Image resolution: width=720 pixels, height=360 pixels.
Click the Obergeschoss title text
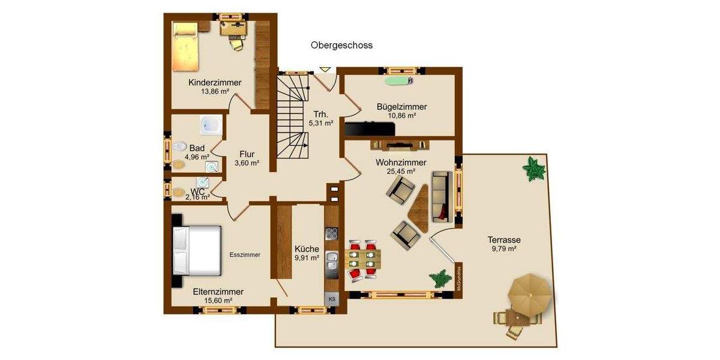point(341,45)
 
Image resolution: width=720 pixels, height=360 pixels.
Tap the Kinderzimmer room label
point(215,82)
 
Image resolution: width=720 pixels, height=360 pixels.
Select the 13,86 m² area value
point(215,92)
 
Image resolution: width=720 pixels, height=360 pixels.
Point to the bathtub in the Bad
point(211,125)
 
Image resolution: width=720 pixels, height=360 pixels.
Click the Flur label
point(247,154)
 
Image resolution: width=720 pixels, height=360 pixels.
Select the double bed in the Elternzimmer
point(196,248)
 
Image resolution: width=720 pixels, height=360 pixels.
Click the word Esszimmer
point(245,255)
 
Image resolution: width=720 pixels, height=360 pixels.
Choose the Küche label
point(307,250)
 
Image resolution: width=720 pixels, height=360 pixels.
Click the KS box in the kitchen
point(332,298)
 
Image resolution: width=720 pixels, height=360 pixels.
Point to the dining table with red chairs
point(364,259)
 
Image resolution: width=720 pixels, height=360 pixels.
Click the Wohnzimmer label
point(401,163)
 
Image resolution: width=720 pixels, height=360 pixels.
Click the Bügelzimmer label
point(401,107)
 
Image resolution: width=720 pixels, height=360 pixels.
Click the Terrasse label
point(503,239)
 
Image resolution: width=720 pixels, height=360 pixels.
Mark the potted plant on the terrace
point(533,169)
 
